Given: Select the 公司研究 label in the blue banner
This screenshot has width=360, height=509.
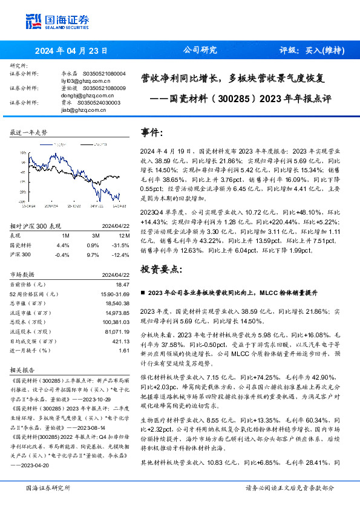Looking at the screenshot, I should click(200, 50).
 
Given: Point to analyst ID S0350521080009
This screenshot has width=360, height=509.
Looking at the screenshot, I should click(102, 88).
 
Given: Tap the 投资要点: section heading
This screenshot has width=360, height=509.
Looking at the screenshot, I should click(161, 268).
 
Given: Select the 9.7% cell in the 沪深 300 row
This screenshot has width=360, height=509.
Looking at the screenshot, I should click(93, 254).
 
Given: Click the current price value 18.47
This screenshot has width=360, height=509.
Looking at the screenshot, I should click(123, 284).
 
